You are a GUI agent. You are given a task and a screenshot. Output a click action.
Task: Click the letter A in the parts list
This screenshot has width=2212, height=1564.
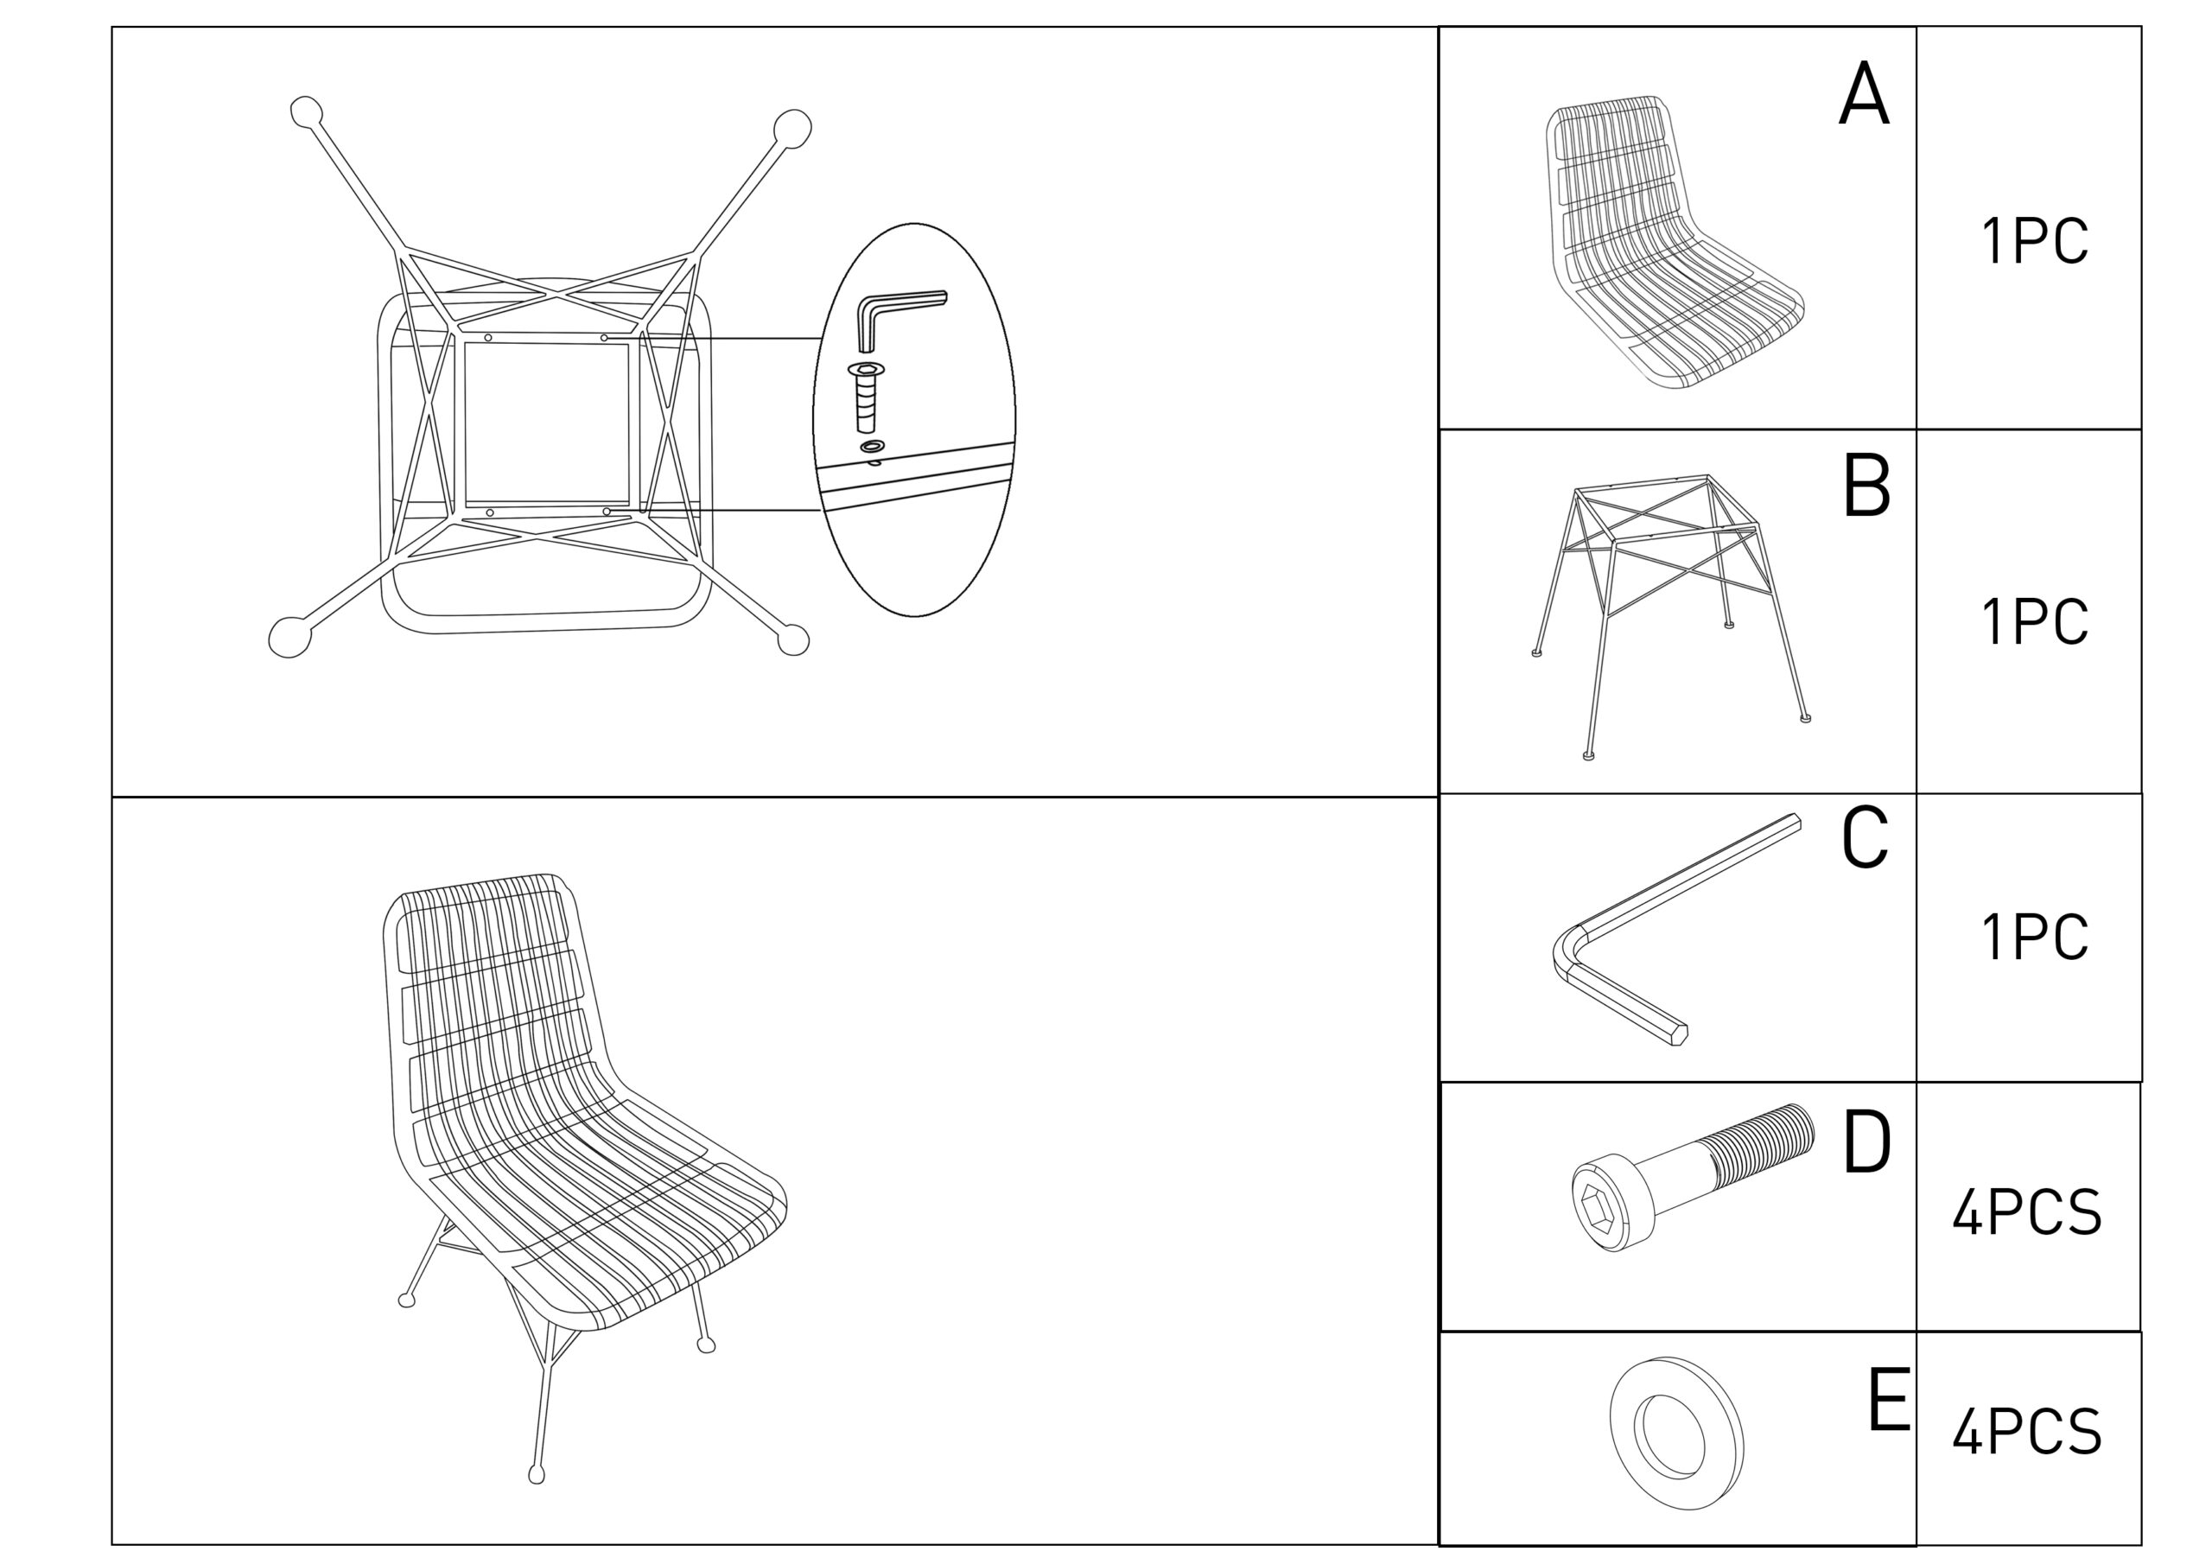pyautogui.click(x=1863, y=93)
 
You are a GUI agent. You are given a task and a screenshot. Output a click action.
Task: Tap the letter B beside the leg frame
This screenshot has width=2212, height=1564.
pyautogui.click(x=1866, y=486)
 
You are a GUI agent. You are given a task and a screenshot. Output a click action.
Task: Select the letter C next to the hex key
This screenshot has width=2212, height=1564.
pyautogui.click(x=1864, y=837)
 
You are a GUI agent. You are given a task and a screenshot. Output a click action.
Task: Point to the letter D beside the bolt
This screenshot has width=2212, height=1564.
pyautogui.click(x=1867, y=1142)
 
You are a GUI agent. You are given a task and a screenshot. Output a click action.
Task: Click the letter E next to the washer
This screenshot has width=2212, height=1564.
pyautogui.click(x=1888, y=1400)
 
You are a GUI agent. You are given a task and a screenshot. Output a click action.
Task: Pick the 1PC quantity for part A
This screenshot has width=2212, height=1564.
pyautogui.click(x=2035, y=241)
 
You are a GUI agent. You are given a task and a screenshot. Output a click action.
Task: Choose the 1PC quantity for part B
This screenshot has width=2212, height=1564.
pyautogui.click(x=2035, y=621)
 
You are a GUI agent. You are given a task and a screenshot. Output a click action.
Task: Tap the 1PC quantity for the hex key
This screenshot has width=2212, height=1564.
pyautogui.click(x=2035, y=937)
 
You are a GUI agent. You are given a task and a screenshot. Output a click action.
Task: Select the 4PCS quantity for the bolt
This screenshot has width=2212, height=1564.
pyautogui.click(x=2027, y=1212)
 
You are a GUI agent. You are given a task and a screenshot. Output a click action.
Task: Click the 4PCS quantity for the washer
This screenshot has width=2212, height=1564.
pyautogui.click(x=2027, y=1432)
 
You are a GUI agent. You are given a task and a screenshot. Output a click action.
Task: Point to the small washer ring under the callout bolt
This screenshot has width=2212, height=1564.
pyautogui.click(x=873, y=446)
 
